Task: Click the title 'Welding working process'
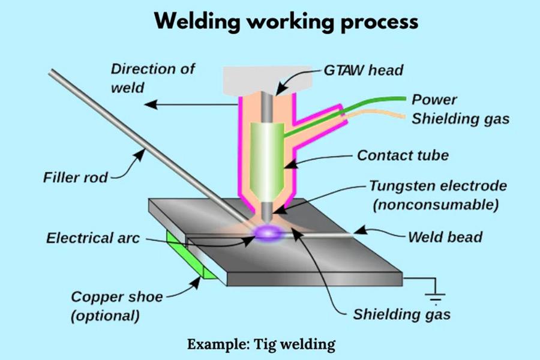coord(286,22)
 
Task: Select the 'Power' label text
coord(434,100)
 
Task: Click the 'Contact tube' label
coord(403,156)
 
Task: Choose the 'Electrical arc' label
coord(93,238)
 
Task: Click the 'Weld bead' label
coord(445,236)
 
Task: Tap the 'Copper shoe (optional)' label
coord(116,305)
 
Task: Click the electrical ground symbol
coord(436,296)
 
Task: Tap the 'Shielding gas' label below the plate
coord(401,314)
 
